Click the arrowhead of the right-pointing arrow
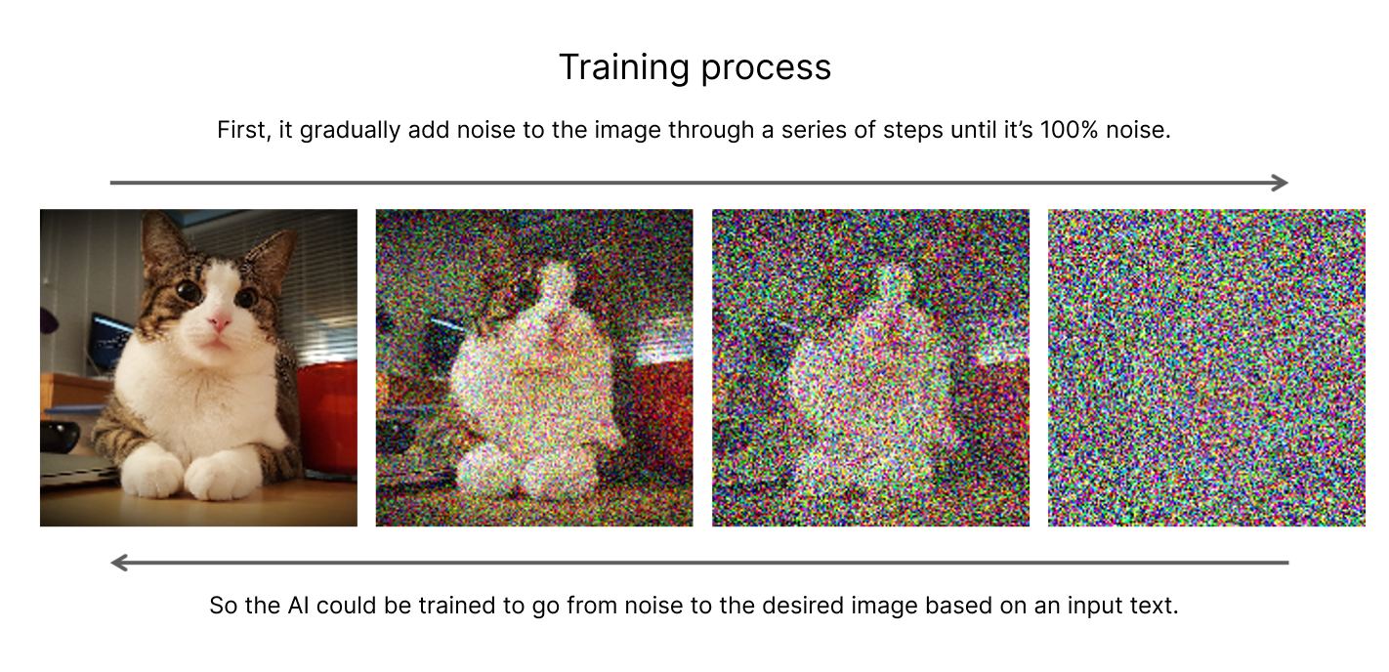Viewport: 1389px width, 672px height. pos(1280,183)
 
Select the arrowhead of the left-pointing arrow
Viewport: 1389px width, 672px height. pos(119,563)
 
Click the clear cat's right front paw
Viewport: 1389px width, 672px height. pos(216,476)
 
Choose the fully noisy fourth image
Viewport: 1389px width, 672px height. pos(1206,368)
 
